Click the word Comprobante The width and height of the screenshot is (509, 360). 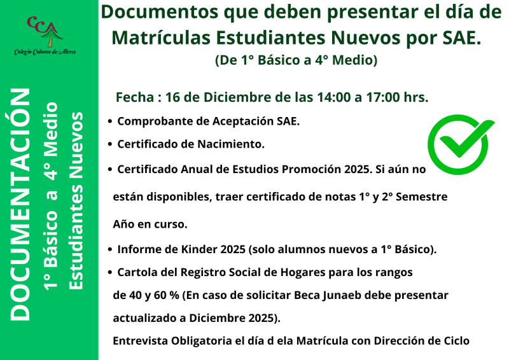click(x=153, y=121)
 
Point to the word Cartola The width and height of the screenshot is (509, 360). click(x=137, y=272)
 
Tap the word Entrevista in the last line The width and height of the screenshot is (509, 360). click(x=141, y=340)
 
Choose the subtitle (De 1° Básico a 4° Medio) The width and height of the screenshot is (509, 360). click(x=296, y=60)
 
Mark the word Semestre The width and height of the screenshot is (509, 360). click(x=422, y=197)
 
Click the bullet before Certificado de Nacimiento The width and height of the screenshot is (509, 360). click(x=111, y=145)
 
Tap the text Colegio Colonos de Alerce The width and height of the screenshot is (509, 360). click(x=45, y=51)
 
